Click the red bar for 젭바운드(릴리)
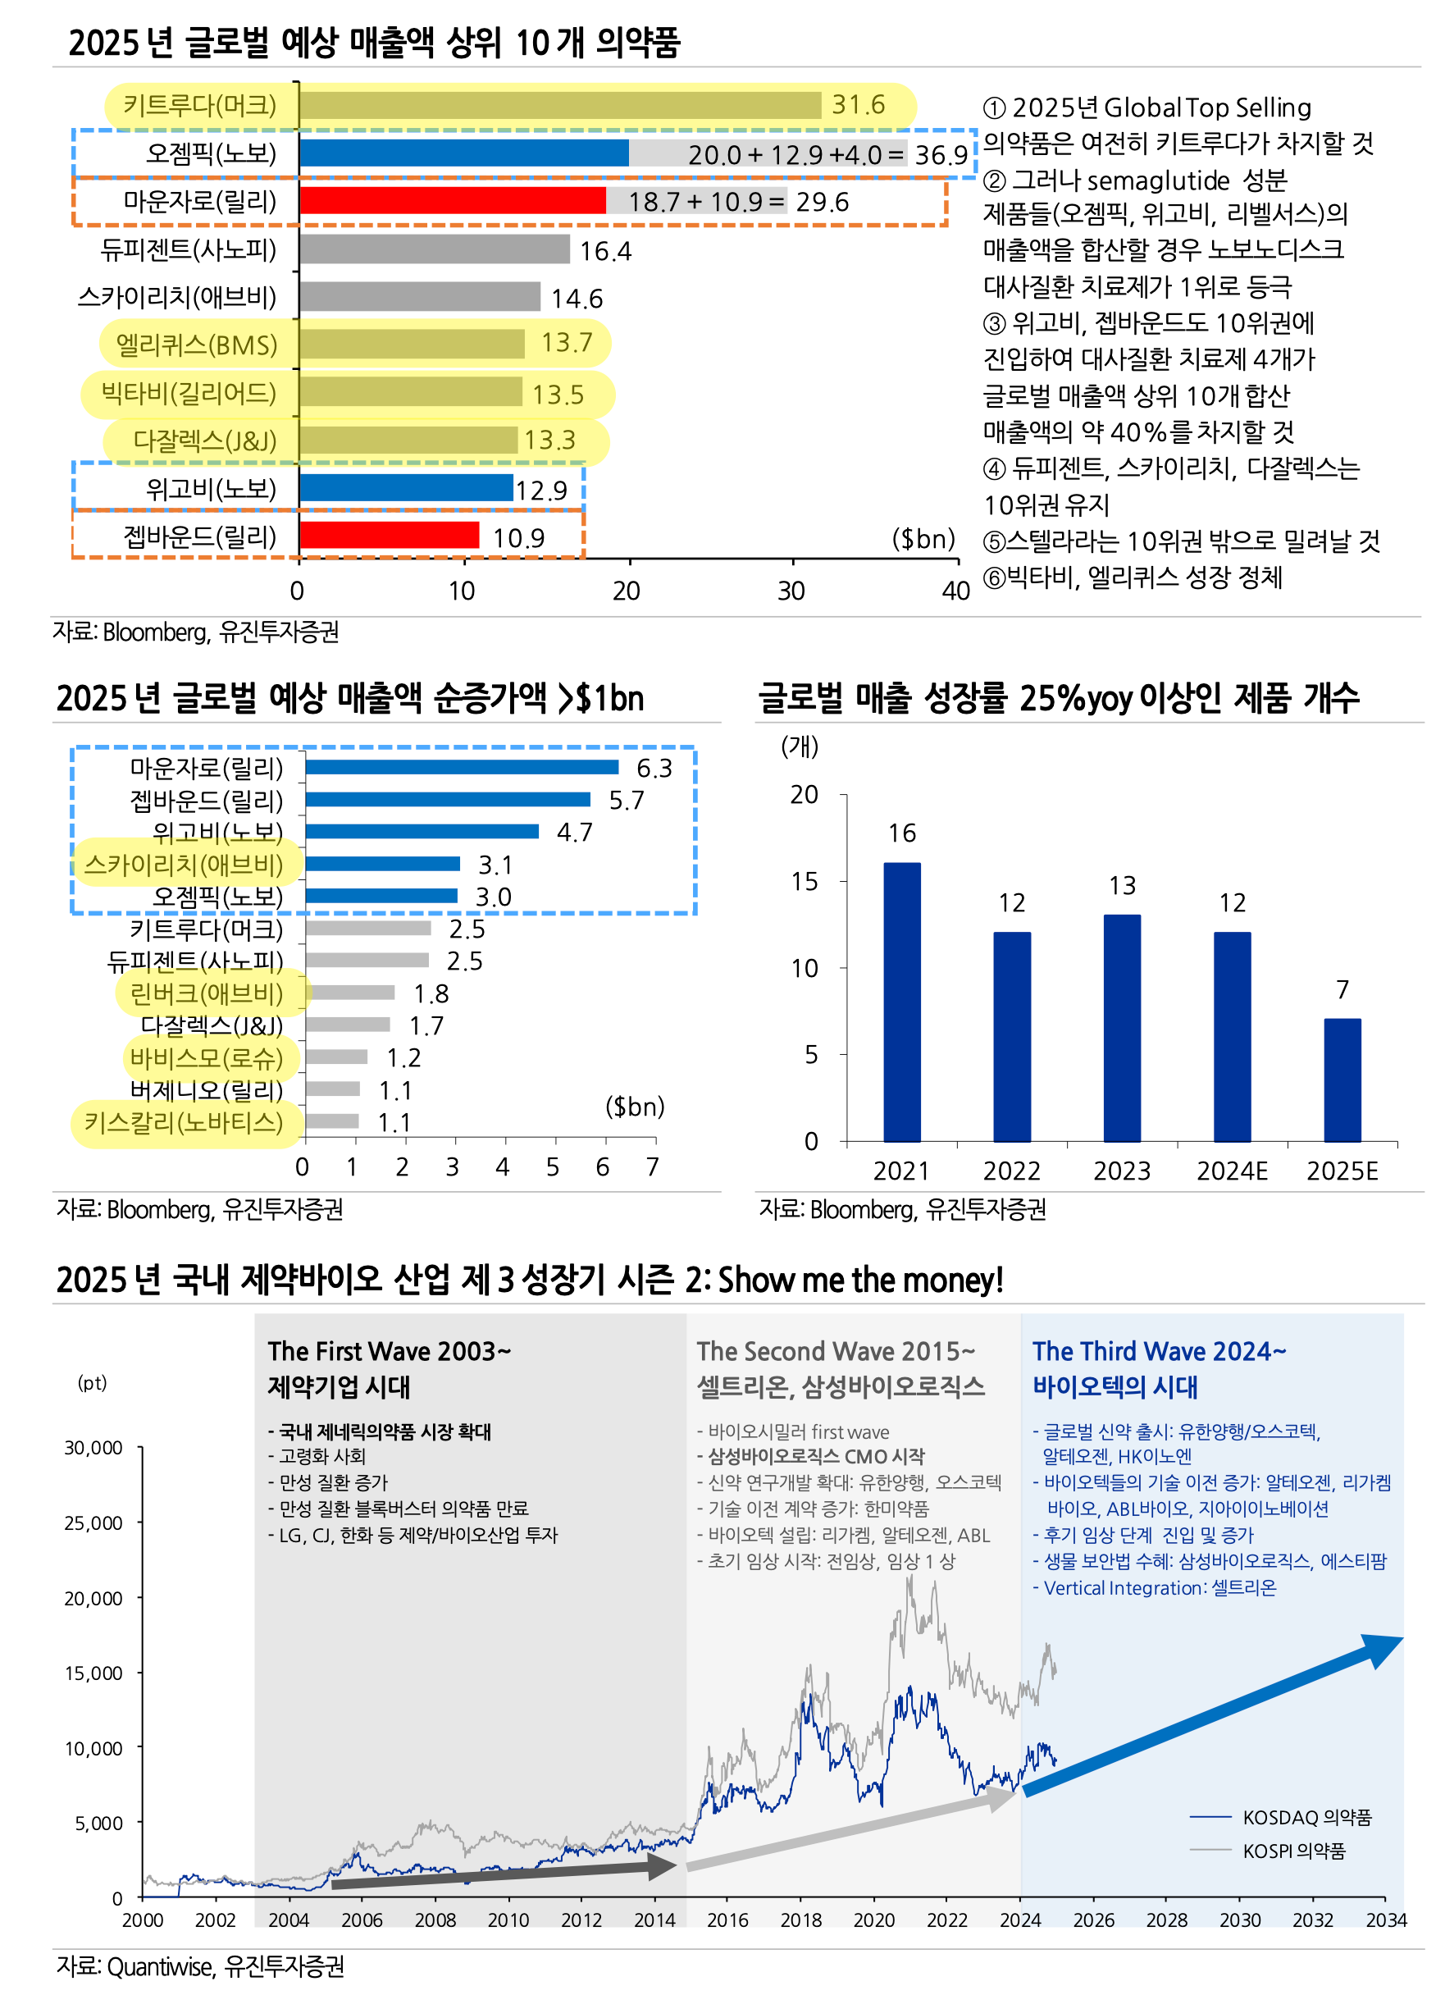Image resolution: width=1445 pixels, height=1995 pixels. click(x=389, y=536)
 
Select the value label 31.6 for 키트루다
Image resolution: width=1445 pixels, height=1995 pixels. click(x=859, y=105)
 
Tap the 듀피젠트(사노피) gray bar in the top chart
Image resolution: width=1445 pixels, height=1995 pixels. click(x=435, y=250)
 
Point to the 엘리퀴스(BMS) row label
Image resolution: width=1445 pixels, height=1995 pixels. click(x=196, y=344)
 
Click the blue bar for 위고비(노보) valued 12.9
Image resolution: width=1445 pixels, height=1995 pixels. click(x=405, y=488)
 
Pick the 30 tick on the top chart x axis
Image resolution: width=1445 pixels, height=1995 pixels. click(x=791, y=591)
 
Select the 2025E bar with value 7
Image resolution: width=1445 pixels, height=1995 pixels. click(x=1342, y=1080)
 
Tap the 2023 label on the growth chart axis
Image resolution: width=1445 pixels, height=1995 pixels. click(x=1121, y=1171)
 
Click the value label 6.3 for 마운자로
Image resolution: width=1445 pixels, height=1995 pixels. click(x=654, y=769)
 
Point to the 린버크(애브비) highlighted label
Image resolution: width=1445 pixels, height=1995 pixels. click(x=207, y=994)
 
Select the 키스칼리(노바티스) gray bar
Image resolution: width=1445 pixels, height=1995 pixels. click(x=332, y=1121)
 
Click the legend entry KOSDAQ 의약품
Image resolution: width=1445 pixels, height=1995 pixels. click(x=1306, y=1817)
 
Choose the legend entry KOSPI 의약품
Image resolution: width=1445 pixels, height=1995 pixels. click(x=1292, y=1851)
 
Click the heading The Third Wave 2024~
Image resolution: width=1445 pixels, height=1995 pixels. click(x=1158, y=1351)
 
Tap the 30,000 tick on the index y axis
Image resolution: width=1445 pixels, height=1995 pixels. click(x=93, y=1448)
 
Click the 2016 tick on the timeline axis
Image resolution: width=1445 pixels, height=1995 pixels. click(x=727, y=1920)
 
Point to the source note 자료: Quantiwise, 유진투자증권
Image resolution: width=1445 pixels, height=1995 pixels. click(x=201, y=1966)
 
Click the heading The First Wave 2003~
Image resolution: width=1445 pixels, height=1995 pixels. click(x=389, y=1351)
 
